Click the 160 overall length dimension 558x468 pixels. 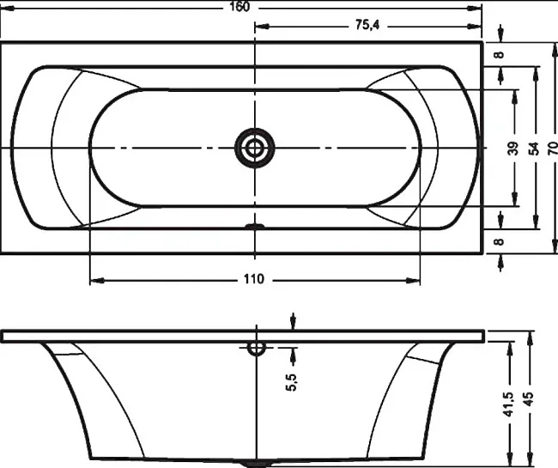click(x=240, y=6)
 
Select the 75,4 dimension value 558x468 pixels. click(x=367, y=25)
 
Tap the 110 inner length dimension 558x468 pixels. click(x=254, y=279)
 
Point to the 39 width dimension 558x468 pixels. click(x=513, y=148)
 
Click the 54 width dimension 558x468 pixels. click(x=533, y=148)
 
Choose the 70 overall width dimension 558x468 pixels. click(x=553, y=148)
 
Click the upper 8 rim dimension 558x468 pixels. click(x=500, y=54)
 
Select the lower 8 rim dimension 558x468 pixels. click(x=500, y=241)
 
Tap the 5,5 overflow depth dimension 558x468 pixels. click(x=291, y=382)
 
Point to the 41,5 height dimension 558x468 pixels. click(x=509, y=404)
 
